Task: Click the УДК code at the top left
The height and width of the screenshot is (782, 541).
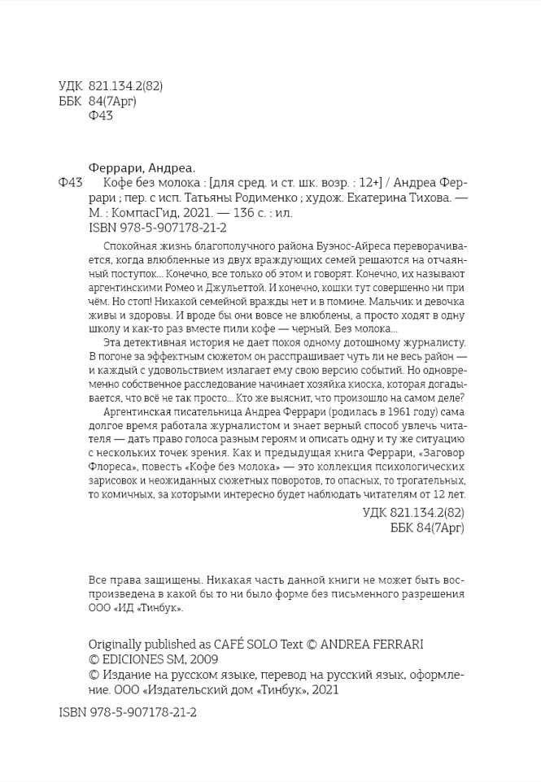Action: (113, 87)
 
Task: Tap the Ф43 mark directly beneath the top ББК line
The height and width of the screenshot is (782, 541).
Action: (99, 115)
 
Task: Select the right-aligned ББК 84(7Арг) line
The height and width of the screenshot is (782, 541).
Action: (427, 528)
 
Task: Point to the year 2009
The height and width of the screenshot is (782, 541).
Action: (203, 659)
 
